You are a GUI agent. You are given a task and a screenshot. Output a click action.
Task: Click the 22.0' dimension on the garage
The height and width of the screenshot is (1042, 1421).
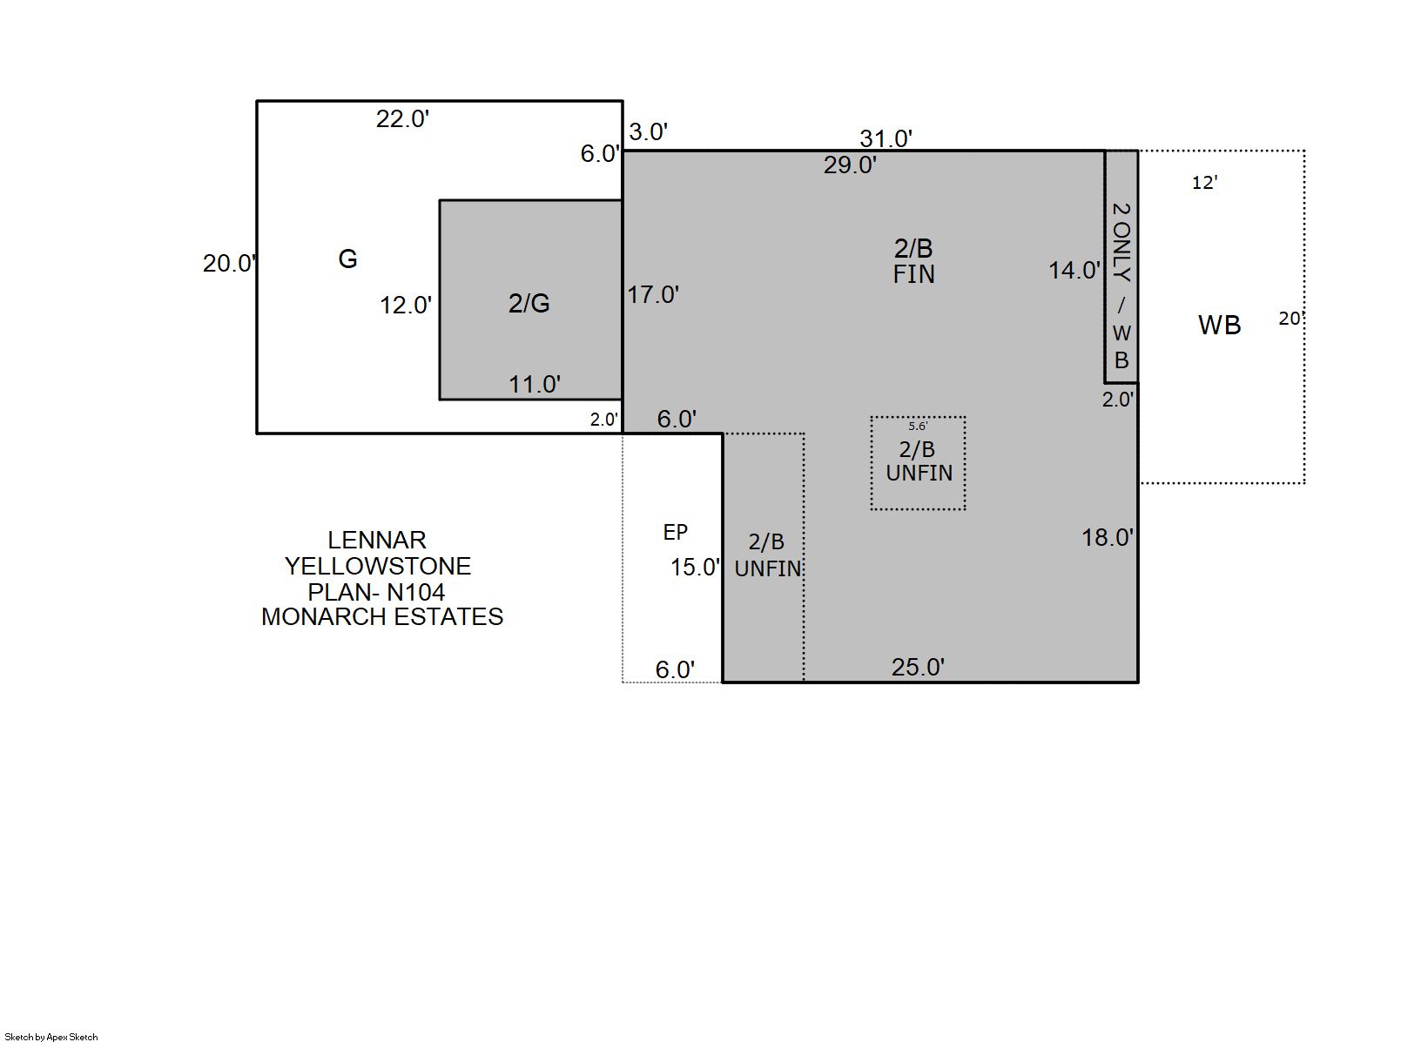pyautogui.click(x=402, y=119)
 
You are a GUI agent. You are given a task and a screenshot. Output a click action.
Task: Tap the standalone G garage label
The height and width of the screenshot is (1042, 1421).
pyautogui.click(x=347, y=259)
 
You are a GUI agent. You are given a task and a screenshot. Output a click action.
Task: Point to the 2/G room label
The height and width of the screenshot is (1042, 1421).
pyautogui.click(x=529, y=304)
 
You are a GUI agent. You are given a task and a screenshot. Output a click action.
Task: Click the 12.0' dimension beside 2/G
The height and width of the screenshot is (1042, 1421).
pyautogui.click(x=406, y=306)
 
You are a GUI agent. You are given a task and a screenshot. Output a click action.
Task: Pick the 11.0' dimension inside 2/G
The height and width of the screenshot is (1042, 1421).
pyautogui.click(x=535, y=384)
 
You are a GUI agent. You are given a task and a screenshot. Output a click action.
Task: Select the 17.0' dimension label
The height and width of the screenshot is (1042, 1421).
pyautogui.click(x=653, y=295)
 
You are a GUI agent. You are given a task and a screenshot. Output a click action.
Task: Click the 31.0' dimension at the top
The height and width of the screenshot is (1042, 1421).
pyautogui.click(x=886, y=138)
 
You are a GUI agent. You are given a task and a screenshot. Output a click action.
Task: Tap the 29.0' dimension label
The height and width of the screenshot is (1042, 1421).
pyautogui.click(x=850, y=165)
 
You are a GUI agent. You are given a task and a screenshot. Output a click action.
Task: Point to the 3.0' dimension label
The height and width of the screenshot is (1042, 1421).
pyautogui.click(x=649, y=132)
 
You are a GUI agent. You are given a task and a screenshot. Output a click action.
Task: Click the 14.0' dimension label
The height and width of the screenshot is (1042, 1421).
pyautogui.click(x=1074, y=271)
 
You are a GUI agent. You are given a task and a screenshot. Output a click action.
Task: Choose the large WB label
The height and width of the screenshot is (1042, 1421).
pyautogui.click(x=1219, y=326)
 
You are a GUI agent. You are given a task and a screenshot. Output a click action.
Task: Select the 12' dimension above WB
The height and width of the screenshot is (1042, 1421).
pyautogui.click(x=1205, y=183)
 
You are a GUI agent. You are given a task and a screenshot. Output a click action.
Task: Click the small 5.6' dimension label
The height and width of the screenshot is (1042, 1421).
pyautogui.click(x=918, y=427)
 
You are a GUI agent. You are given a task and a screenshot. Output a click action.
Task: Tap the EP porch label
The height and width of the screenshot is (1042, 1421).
pyautogui.click(x=675, y=533)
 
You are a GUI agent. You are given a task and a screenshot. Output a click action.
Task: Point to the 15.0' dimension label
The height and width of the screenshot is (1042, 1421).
pyautogui.click(x=696, y=568)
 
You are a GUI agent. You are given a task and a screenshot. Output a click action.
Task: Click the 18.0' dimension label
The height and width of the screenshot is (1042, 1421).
pyautogui.click(x=1108, y=538)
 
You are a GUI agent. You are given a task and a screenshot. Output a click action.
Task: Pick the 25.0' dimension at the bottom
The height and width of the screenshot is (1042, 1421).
pyautogui.click(x=918, y=667)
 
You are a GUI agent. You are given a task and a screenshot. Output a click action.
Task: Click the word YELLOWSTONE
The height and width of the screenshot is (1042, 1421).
pyautogui.click(x=378, y=567)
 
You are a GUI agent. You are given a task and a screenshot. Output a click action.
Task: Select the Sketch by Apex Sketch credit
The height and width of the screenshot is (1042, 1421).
pyautogui.click(x=51, y=1037)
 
